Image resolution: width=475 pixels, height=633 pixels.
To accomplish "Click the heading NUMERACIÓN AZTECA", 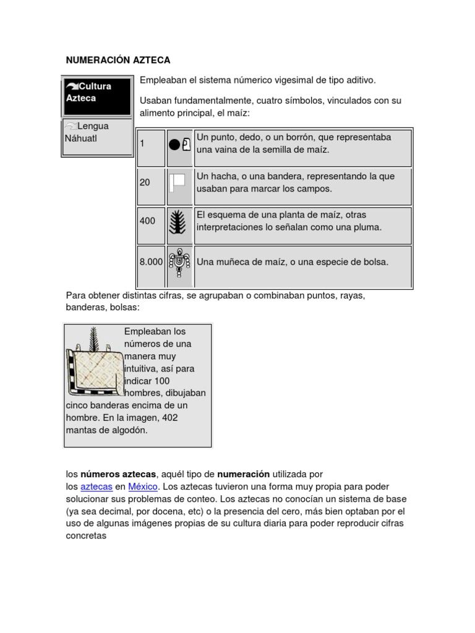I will pyautogui.click(x=118, y=60).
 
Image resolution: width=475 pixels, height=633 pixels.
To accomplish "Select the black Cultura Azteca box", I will pyautogui.click(x=97, y=96).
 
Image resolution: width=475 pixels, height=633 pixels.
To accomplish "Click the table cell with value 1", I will pyautogui.click(x=151, y=147).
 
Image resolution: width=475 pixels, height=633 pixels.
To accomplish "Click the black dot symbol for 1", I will pyautogui.click(x=174, y=145).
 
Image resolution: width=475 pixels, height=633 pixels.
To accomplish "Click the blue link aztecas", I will pyautogui.click(x=96, y=486).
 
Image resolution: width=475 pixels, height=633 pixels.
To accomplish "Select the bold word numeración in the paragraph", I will pyautogui.click(x=243, y=474).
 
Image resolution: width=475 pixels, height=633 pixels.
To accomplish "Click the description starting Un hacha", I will pyautogui.click(x=296, y=182).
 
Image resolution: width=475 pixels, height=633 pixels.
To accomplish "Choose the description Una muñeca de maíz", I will pyautogui.click(x=293, y=261).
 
